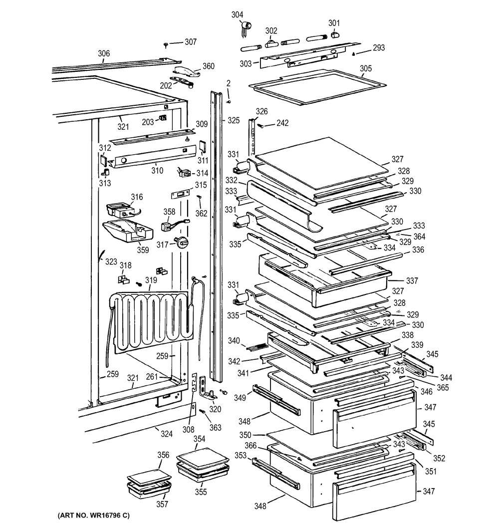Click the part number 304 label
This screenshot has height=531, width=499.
[237, 14]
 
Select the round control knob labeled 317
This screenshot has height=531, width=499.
[182, 243]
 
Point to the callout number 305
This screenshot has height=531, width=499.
[366, 68]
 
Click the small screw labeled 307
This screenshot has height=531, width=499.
[166, 44]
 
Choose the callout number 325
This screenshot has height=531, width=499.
[233, 120]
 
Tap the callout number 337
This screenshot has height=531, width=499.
[412, 281]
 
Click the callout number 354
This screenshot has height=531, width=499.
[199, 439]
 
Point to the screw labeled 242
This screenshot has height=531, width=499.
[261, 126]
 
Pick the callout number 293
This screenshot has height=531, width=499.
[379, 48]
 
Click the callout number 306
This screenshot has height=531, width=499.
[104, 53]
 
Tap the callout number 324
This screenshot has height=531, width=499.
[166, 434]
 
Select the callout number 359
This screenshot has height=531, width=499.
[143, 250]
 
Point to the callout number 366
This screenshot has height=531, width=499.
[250, 446]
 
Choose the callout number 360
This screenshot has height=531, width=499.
[209, 66]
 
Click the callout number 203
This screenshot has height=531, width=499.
[148, 122]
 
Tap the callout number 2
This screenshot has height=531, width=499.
[229, 83]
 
